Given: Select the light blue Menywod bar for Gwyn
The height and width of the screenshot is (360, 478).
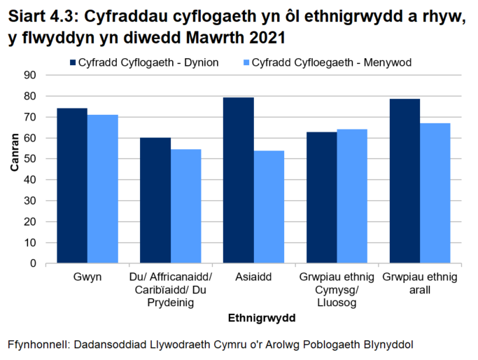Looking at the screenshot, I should pyautogui.click(x=102, y=189).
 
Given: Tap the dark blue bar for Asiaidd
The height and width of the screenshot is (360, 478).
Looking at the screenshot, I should pyautogui.click(x=238, y=181).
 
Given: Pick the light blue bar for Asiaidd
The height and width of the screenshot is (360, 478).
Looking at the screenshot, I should pyautogui.click(x=269, y=207).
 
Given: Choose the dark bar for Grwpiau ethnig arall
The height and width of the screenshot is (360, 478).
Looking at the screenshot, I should pyautogui.click(x=405, y=181).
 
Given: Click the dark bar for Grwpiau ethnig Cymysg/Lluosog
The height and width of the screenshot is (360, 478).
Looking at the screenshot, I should pyautogui.click(x=321, y=198).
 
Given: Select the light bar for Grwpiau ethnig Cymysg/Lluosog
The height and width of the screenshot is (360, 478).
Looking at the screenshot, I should pyautogui.click(x=352, y=196).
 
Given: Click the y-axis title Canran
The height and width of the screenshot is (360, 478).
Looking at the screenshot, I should pyautogui.click(x=15, y=169).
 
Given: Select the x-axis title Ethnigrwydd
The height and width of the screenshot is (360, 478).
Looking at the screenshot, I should pyautogui.click(x=262, y=317).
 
